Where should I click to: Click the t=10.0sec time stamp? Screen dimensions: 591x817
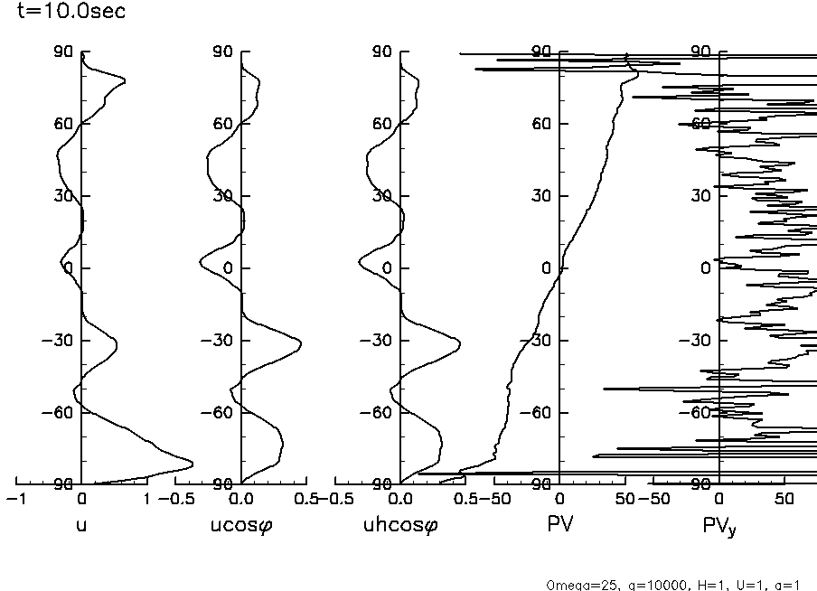pyautogui.click(x=65, y=13)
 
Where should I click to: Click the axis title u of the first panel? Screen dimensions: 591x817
pyautogui.click(x=81, y=525)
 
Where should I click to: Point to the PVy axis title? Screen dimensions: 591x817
pyautogui.click(x=719, y=527)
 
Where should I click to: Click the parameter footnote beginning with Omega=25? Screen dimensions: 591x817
pyautogui.click(x=673, y=585)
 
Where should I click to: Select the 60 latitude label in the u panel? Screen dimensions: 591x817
pyautogui.click(x=64, y=123)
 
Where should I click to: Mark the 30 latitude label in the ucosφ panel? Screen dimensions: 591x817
pyautogui.click(x=223, y=195)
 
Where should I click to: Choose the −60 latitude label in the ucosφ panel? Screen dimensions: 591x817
pyautogui.click(x=219, y=412)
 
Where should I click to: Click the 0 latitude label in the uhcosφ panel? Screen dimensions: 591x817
pyautogui.click(x=387, y=267)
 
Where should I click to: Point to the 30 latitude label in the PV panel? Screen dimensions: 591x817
pyautogui.click(x=541, y=195)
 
